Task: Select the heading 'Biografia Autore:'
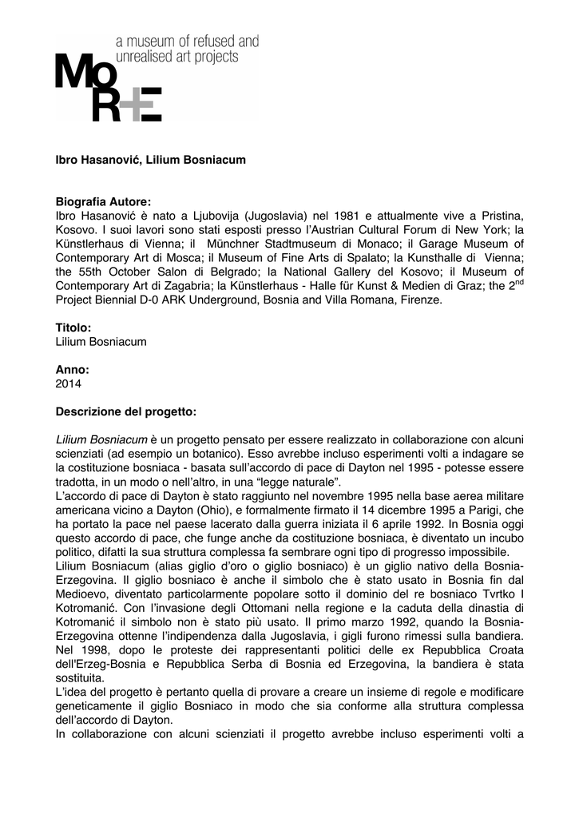coord(103,202)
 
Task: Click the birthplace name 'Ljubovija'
coord(214,216)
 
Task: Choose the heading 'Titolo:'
coord(73,328)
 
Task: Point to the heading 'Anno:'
coord(72,370)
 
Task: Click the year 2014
coord(69,384)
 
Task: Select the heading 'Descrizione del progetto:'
coord(125,412)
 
